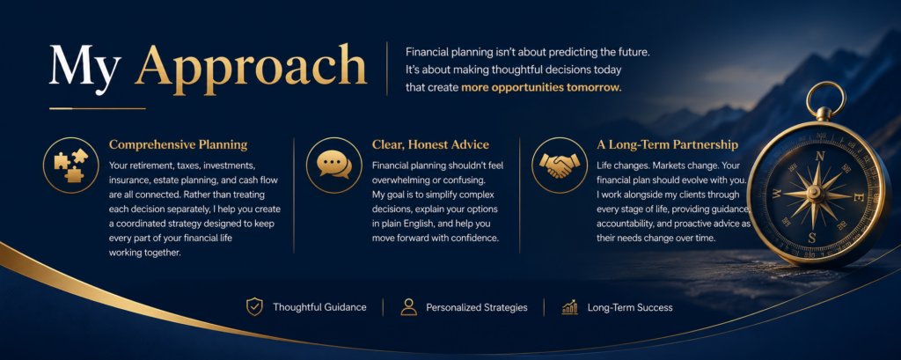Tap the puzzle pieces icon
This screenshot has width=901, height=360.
tap(71, 165)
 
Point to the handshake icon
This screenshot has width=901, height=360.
tap(559, 165)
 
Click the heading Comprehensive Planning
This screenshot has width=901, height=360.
tap(178, 144)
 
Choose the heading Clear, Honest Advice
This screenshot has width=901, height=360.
tap(430, 144)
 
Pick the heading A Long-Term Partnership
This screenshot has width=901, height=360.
tap(667, 144)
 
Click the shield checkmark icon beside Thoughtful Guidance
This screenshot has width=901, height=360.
tap(254, 307)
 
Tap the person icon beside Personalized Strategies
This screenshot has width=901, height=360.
tap(408, 307)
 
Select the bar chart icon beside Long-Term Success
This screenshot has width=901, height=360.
tap(569, 307)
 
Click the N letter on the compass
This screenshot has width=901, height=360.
tap(820, 157)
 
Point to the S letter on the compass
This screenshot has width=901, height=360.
tap(811, 237)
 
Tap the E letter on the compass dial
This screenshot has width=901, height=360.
tap(859, 198)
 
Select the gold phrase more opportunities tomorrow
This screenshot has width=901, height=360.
tap(541, 88)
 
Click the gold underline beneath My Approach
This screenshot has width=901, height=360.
tap(98, 108)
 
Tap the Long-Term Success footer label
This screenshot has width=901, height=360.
tap(630, 308)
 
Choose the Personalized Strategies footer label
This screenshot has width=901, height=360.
tap(476, 308)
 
